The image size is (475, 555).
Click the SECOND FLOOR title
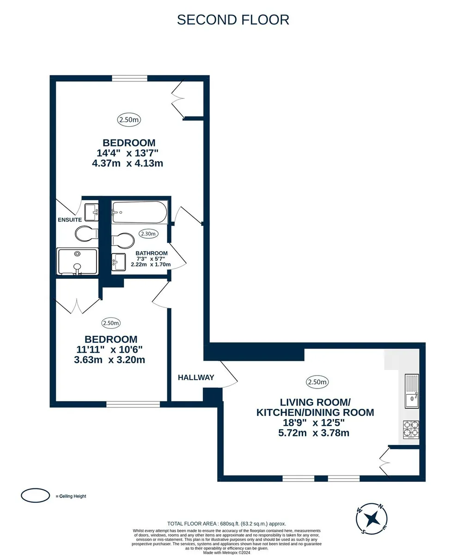point(233,20)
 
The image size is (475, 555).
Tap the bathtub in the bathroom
point(140,212)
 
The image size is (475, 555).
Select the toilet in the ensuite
point(86,233)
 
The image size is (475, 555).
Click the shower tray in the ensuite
point(78,261)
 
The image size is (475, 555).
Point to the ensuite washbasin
point(91,212)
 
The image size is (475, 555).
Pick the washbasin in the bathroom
point(119,262)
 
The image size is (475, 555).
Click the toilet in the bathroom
point(123,240)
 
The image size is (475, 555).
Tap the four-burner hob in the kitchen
point(411,430)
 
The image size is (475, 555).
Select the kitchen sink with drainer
point(412,391)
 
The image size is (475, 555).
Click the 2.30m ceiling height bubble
point(148,234)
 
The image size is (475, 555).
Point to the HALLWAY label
point(196,377)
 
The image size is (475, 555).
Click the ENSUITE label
point(70,220)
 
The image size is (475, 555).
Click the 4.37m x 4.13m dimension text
point(128,163)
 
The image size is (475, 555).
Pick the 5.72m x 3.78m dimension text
point(314,433)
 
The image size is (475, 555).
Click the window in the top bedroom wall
point(129,78)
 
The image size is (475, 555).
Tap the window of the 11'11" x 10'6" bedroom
point(133,404)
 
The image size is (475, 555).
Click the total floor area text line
point(226,524)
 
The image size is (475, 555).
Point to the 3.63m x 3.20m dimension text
point(110,360)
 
